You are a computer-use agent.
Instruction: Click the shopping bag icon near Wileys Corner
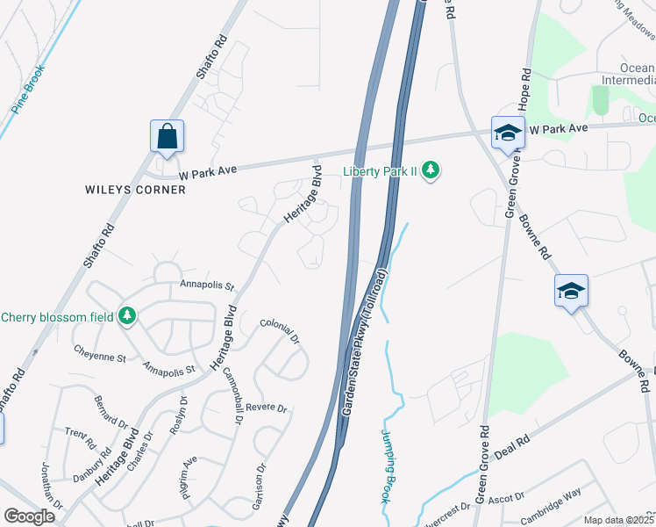167,137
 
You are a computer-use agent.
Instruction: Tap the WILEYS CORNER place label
135,190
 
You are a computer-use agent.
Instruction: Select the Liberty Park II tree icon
430,170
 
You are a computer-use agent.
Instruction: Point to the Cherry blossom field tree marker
128,315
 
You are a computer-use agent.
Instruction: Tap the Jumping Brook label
390,466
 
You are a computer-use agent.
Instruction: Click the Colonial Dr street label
280,332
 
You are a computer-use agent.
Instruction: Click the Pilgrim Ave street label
189,475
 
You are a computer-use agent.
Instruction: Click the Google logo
29,516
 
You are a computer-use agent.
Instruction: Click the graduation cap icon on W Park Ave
507,134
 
